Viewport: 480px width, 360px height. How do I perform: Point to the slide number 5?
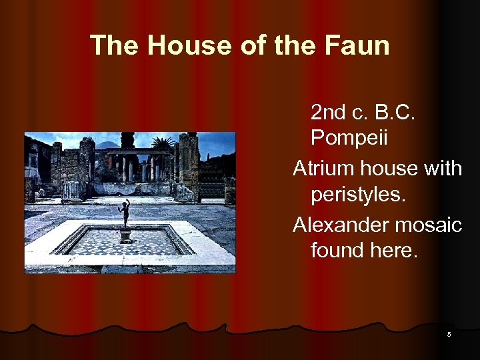coord(449,334)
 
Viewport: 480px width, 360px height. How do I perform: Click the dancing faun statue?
coord(124,213)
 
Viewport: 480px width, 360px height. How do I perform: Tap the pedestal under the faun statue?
coord(125,235)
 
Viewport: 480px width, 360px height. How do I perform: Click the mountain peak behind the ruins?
coord(106,143)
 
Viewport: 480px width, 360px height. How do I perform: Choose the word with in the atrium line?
coord(441,169)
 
